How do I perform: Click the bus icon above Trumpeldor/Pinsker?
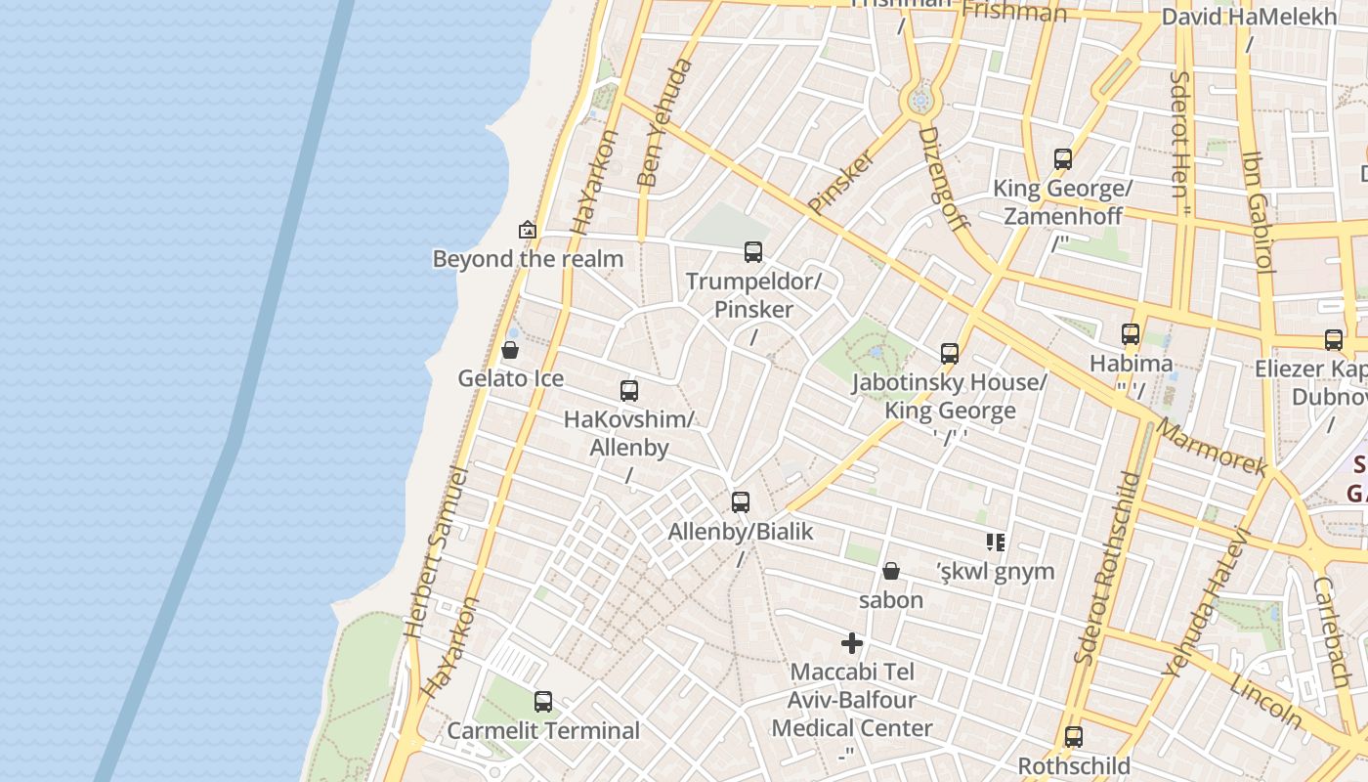tap(753, 252)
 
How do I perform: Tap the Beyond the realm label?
tap(528, 259)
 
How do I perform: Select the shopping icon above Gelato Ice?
tap(510, 350)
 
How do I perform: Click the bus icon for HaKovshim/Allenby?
tap(629, 391)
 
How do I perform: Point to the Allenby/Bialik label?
tap(741, 532)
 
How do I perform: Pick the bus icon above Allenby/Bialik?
tap(741, 502)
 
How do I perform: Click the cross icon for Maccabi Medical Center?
tap(852, 643)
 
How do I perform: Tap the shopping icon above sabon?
tap(891, 571)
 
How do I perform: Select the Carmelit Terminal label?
tap(543, 730)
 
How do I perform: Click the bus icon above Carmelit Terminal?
tap(543, 701)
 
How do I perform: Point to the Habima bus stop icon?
tap(1131, 334)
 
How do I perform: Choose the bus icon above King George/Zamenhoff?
tap(1063, 158)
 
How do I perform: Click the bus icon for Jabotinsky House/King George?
tap(950, 354)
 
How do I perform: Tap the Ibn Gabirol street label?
tap(1256, 210)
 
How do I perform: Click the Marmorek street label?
tap(1212, 448)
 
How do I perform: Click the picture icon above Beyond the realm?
tap(528, 230)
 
